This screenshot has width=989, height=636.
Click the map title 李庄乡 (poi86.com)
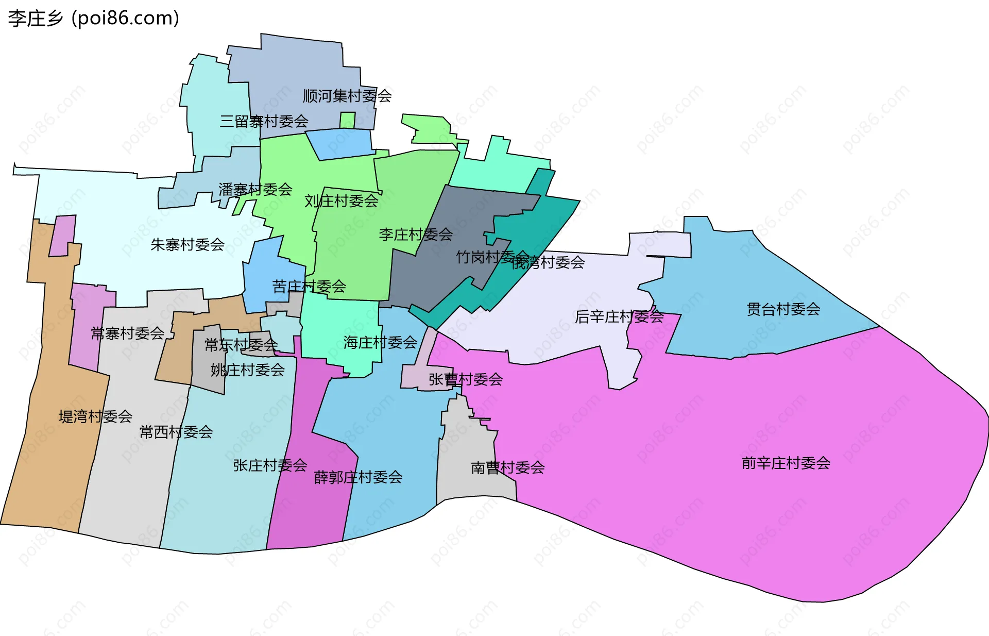click(94, 19)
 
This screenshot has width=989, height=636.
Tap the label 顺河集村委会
click(347, 96)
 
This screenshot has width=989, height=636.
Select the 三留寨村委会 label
click(264, 122)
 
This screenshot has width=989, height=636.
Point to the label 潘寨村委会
click(255, 190)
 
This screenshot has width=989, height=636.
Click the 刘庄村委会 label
click(341, 201)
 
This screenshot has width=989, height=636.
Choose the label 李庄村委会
click(416, 235)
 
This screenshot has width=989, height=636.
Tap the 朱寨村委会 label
click(187, 245)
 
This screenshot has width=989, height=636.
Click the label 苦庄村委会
click(309, 287)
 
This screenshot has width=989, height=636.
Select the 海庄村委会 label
click(380, 343)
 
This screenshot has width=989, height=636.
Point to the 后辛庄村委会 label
click(619, 316)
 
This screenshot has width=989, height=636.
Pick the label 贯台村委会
click(783, 309)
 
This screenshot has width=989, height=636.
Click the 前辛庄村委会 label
click(786, 463)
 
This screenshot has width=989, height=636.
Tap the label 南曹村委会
click(507, 468)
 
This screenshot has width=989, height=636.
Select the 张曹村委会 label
click(466, 380)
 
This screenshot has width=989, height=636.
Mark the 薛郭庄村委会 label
click(358, 477)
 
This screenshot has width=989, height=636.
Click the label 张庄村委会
click(270, 465)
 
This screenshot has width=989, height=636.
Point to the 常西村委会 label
click(176, 432)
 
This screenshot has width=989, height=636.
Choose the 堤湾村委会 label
click(95, 416)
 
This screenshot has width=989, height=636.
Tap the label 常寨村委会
click(127, 334)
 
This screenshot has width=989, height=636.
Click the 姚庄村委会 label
click(247, 370)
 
